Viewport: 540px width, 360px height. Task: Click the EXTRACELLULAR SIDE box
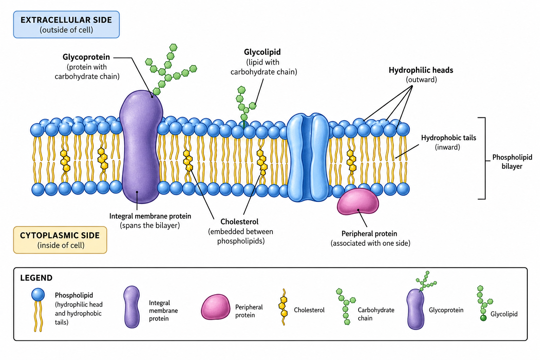(x=66, y=24)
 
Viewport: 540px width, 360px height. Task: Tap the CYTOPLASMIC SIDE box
(x=60, y=240)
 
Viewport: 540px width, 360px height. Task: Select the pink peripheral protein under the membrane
(x=358, y=201)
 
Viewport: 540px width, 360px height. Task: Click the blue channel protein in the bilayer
(x=308, y=157)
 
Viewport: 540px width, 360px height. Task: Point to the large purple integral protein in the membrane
(x=141, y=147)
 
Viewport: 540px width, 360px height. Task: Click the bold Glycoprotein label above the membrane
(x=86, y=57)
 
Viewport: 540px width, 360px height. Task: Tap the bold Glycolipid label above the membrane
(x=262, y=52)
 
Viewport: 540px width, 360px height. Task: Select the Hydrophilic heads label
(x=421, y=70)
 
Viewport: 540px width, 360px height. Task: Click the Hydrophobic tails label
(x=448, y=138)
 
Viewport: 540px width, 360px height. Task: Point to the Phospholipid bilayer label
(x=512, y=162)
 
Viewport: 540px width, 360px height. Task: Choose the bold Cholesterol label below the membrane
(x=239, y=221)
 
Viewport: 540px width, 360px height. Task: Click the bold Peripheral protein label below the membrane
(x=369, y=234)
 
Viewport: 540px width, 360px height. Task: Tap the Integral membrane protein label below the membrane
(x=150, y=216)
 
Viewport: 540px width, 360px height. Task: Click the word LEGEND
(x=36, y=278)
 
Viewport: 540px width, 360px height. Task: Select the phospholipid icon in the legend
(x=38, y=310)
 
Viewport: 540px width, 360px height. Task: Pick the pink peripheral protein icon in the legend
(x=216, y=307)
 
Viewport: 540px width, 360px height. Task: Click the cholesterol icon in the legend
(x=283, y=307)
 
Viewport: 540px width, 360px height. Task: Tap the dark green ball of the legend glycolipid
(x=483, y=318)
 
